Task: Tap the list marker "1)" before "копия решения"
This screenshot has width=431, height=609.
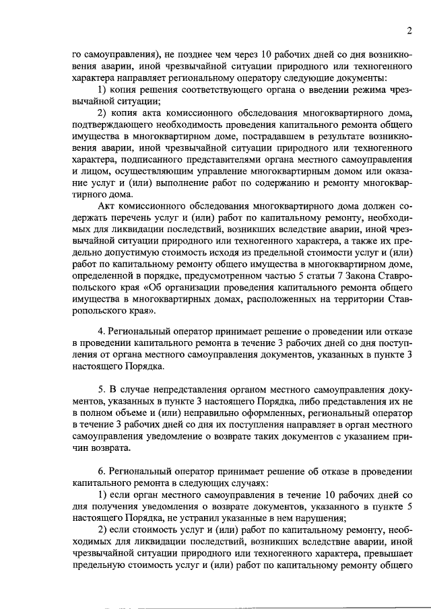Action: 104,90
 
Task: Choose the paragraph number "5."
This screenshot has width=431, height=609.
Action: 103,390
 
